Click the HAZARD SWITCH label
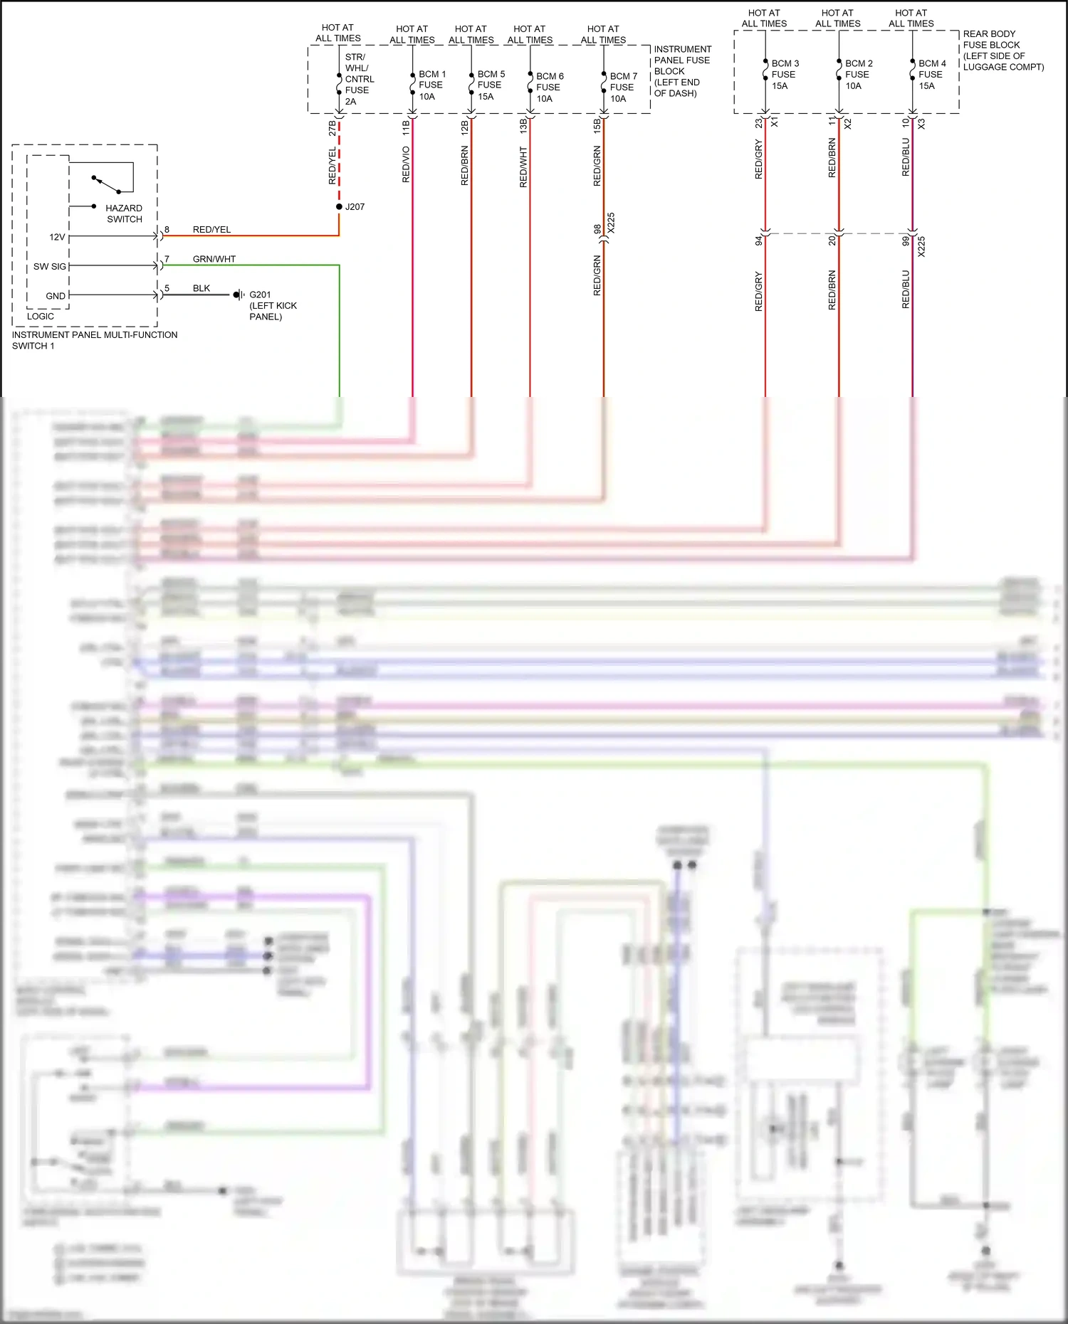click(x=124, y=213)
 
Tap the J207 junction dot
click(x=340, y=206)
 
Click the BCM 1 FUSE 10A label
click(x=431, y=85)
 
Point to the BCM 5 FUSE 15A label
click(x=491, y=85)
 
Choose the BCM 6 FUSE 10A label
click(x=549, y=87)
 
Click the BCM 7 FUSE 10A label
click(x=623, y=87)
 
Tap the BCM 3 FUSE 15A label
click(x=785, y=74)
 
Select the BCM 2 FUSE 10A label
click(x=858, y=74)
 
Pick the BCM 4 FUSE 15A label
click(x=931, y=74)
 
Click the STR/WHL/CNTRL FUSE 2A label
click(x=358, y=79)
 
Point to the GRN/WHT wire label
click(x=214, y=259)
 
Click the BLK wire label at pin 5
click(x=201, y=288)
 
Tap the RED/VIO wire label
click(x=407, y=164)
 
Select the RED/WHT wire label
click(x=523, y=167)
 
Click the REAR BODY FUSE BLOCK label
click(x=1002, y=50)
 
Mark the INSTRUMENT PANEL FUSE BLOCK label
click(x=682, y=70)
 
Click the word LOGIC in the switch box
click(x=41, y=316)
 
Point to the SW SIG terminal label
click(x=49, y=266)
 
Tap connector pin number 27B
click(x=333, y=128)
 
